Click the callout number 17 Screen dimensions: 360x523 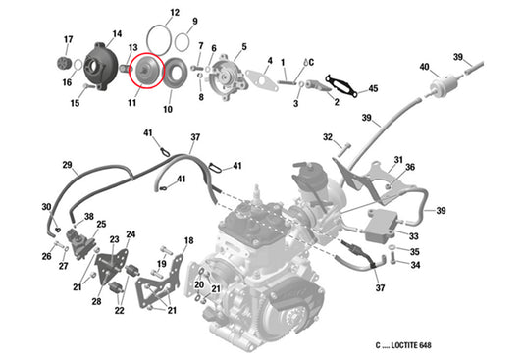point(68,39)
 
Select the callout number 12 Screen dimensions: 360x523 point(174,14)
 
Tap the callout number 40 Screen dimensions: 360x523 point(424,67)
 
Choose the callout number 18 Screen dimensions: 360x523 point(189,240)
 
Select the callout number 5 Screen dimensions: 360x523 point(243,46)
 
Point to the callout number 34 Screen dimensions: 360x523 point(415,265)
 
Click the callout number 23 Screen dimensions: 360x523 point(114,239)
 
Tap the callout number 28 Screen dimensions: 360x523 point(96,301)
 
